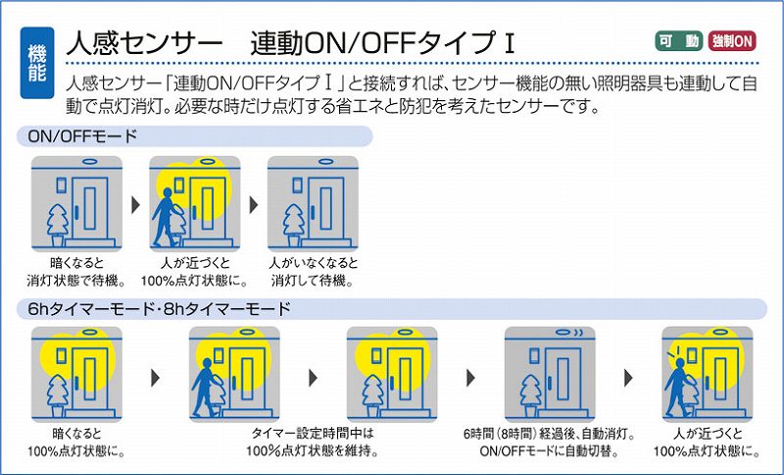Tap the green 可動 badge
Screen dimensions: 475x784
point(677,41)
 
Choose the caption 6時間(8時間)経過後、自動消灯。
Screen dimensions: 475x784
point(550,434)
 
